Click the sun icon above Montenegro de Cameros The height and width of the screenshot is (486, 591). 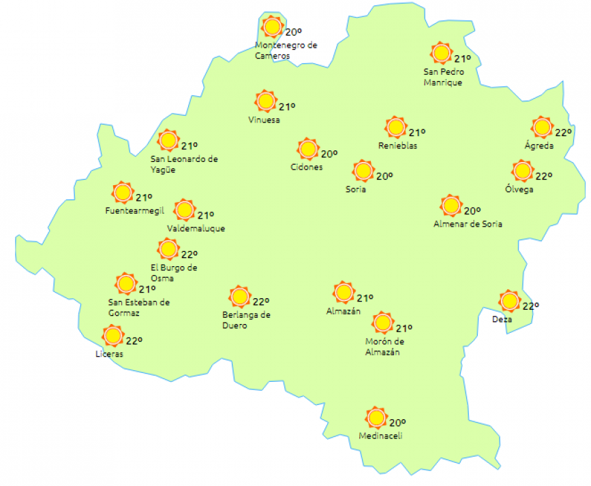point(273,27)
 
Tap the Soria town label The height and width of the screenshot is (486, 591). point(356,189)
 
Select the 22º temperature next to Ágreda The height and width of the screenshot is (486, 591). point(563,133)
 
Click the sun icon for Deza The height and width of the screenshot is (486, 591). point(509,300)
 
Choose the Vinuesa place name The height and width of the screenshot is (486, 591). point(264,120)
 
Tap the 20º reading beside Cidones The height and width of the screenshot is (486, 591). point(330,154)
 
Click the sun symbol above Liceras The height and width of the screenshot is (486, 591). point(112,336)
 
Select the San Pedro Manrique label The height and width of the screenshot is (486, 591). point(443,77)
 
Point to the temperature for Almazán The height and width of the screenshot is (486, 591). point(365,298)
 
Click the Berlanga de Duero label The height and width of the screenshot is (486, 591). point(247,321)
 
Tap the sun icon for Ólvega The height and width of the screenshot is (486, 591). point(523,170)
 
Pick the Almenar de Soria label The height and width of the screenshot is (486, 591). point(468,224)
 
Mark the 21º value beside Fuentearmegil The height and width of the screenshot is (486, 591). point(144,198)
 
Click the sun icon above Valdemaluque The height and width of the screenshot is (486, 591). point(185,210)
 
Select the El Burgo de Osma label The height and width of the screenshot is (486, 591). point(174,273)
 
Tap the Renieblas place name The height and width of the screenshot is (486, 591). point(398,146)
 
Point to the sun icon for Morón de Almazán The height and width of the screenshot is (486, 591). point(383,322)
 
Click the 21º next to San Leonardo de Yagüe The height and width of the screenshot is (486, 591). point(190,146)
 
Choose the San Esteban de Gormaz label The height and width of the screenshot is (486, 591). point(139,308)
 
